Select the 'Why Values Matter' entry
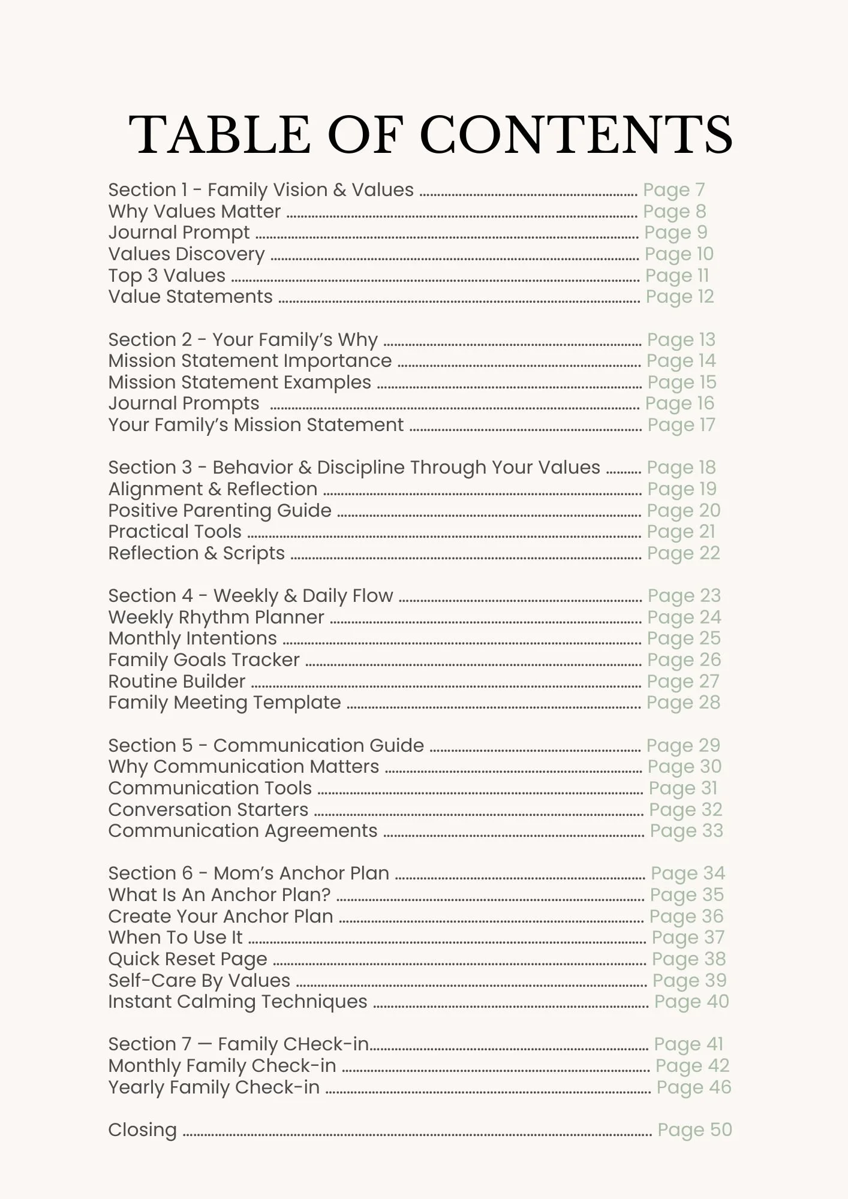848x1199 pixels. coord(194,212)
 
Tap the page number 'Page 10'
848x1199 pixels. coord(679,254)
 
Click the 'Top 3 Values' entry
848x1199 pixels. coord(167,276)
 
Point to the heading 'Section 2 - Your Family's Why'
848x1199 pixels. coord(243,340)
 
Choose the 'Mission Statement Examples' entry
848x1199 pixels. coord(239,382)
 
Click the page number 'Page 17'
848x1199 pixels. coord(681,425)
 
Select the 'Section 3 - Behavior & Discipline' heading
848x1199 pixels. coord(354,468)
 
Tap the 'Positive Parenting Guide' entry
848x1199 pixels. coord(219,511)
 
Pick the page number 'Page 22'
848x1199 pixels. coord(683,553)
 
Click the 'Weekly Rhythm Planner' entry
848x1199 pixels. coord(216,617)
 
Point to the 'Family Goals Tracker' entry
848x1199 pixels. coord(203,660)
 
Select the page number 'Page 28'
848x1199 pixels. coord(683,703)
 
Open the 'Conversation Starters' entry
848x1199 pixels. coord(208,810)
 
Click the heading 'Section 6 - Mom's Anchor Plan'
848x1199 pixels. coord(248,873)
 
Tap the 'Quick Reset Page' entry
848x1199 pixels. coord(187,959)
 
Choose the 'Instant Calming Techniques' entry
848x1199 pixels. coord(237,1002)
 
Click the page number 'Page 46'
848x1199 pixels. coord(694,1087)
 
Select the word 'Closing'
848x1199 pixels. coord(142,1130)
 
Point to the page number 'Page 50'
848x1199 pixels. coord(694,1130)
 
